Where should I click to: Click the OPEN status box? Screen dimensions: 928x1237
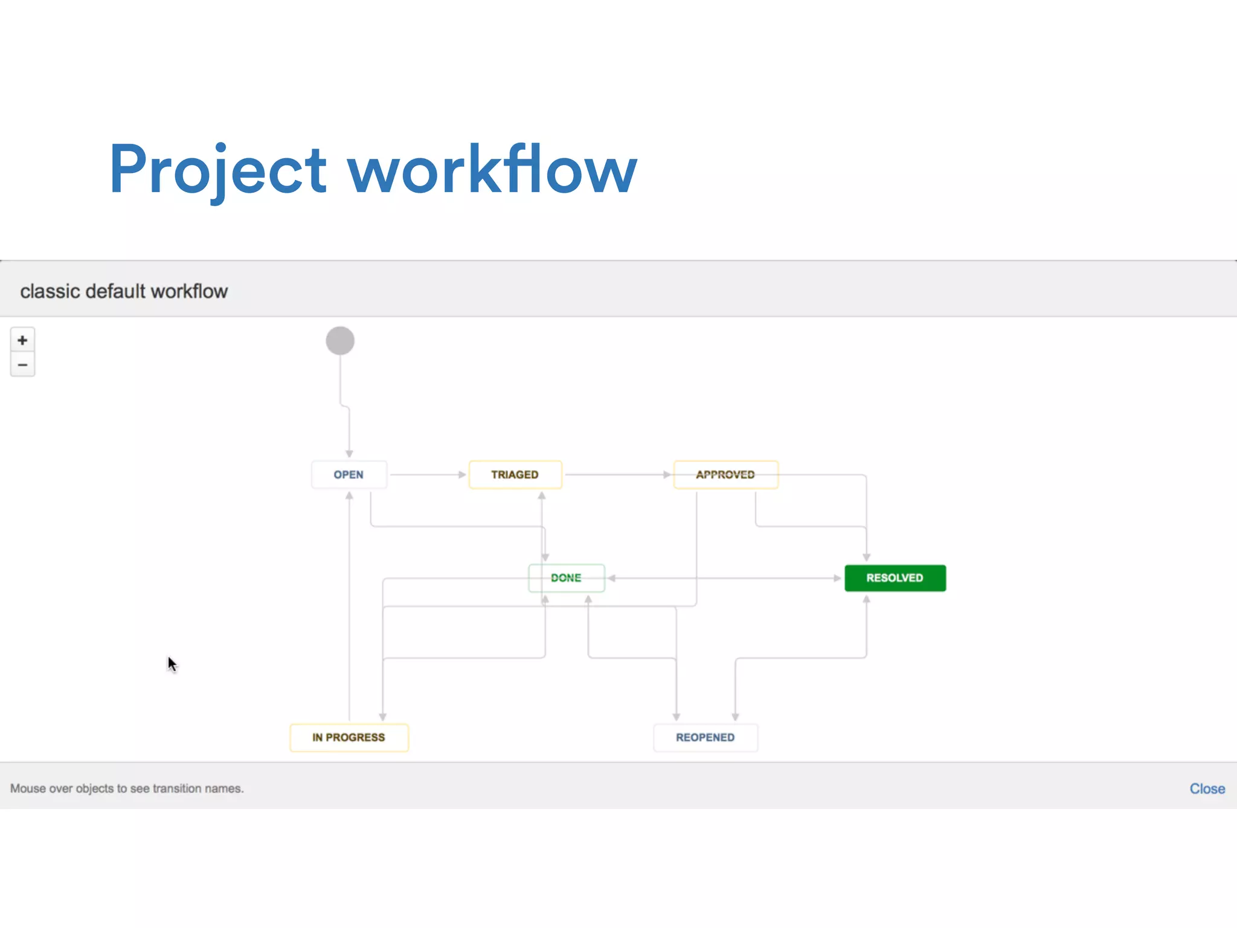[x=349, y=474]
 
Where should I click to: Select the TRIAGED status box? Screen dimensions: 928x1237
[x=515, y=474]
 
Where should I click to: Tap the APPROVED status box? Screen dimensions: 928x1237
[x=725, y=474]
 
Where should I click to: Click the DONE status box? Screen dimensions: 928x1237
[x=566, y=578]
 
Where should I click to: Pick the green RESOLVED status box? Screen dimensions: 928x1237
[x=895, y=578]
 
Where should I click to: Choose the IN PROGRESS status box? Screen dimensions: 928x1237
[x=349, y=737]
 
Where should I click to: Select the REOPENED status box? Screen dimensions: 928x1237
[x=705, y=737]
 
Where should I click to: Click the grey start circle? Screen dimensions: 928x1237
[x=340, y=341]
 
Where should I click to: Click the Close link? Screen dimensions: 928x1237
[x=1207, y=788]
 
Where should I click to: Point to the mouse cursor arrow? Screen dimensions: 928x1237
[x=172, y=663]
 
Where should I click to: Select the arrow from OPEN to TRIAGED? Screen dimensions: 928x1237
[x=427, y=474]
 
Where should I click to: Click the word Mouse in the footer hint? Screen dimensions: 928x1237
[x=28, y=788]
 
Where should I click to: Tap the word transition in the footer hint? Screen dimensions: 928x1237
[x=176, y=788]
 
